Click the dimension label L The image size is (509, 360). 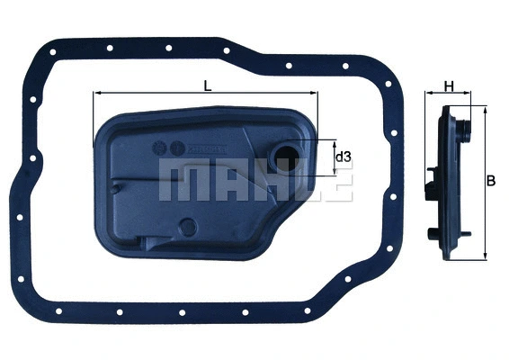[x=208, y=85]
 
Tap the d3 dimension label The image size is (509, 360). [x=342, y=157]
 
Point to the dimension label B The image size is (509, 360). [x=491, y=180]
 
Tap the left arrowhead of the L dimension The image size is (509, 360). [x=96, y=94]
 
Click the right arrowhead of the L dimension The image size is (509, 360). [x=315, y=94]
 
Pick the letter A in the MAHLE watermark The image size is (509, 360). [x=219, y=183]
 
